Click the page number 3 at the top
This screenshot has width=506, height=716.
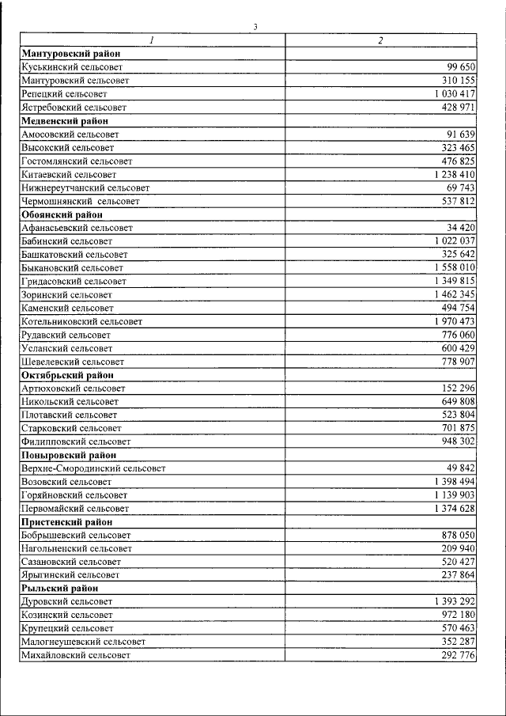click(x=255, y=27)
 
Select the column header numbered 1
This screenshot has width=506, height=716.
click(x=152, y=40)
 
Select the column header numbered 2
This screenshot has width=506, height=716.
click(x=380, y=40)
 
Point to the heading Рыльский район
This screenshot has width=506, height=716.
click(x=61, y=589)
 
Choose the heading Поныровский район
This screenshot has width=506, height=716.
click(x=69, y=455)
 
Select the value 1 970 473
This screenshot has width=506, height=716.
click(x=455, y=321)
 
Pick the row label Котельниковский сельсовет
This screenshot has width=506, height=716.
click(x=82, y=321)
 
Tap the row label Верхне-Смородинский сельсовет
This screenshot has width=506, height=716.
click(x=94, y=468)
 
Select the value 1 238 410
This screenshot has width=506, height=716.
click(x=455, y=174)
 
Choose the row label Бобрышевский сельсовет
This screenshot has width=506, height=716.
click(x=76, y=535)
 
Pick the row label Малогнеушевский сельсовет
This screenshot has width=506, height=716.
click(x=83, y=642)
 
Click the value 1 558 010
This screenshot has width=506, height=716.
click(x=455, y=268)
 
